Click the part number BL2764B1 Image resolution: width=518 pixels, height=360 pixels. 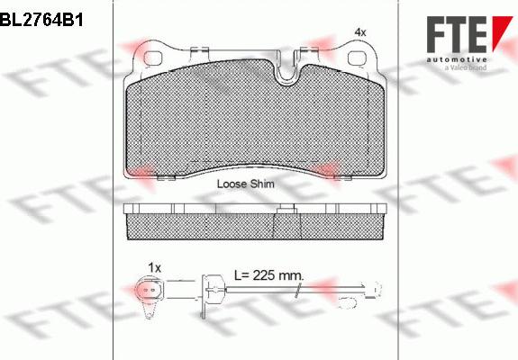coord(41,20)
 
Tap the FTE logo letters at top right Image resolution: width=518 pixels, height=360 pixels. coord(457,34)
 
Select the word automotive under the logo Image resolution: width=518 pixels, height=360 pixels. coord(457,59)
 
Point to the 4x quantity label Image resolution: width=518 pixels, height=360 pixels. coord(360,32)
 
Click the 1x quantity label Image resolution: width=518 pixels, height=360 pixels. coord(155,267)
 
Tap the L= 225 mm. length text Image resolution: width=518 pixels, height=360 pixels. coord(268,274)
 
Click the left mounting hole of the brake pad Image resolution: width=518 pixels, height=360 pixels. coord(153,58)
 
